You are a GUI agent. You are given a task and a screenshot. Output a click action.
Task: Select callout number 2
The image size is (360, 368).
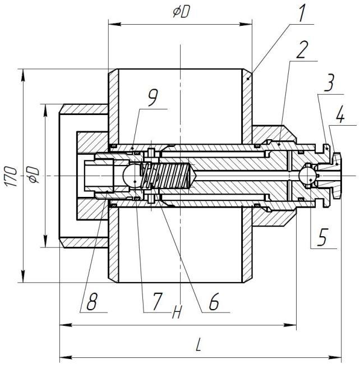[301, 50]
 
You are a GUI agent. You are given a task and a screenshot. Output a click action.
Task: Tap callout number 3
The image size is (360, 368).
[330, 82]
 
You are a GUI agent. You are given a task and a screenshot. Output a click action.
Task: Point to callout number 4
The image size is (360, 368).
[340, 114]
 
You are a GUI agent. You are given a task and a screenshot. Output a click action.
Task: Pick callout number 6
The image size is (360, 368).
[214, 301]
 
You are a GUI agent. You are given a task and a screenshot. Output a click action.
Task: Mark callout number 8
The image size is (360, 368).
[92, 301]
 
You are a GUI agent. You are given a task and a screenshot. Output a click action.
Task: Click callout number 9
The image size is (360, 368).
[153, 98]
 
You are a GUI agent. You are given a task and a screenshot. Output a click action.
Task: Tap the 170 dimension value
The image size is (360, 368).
[11, 177]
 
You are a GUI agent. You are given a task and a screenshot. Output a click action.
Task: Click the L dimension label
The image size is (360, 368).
[198, 344]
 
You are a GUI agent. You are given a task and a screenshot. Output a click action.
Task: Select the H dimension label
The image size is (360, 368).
[177, 312]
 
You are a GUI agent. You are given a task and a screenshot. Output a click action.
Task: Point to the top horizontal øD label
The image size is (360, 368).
[181, 12]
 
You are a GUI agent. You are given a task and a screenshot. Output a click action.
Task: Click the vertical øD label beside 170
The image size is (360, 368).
[33, 175]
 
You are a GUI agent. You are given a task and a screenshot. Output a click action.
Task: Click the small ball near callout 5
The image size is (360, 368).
[306, 176]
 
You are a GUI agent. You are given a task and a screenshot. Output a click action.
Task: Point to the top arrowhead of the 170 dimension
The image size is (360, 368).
[23, 75]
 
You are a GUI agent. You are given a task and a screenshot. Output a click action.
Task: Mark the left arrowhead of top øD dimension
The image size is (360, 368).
[115, 24]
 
